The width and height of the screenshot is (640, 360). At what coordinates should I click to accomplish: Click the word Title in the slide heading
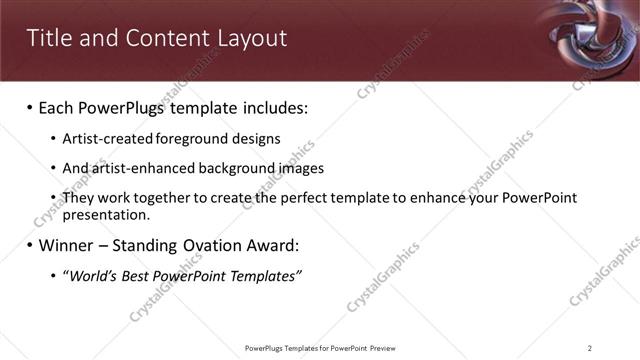pyautogui.click(x=47, y=38)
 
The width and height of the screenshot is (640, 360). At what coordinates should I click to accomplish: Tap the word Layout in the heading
pyautogui.click(x=252, y=38)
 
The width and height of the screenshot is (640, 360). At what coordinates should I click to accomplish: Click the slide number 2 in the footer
pyautogui.click(x=590, y=348)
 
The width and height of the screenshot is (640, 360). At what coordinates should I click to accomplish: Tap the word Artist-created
pyautogui.click(x=103, y=139)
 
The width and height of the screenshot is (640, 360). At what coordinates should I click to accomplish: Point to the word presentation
pyautogui.click(x=105, y=214)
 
